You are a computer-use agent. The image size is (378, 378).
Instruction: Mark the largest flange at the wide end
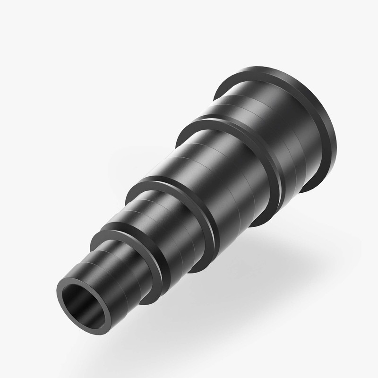pyautogui.click(x=326, y=142)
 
